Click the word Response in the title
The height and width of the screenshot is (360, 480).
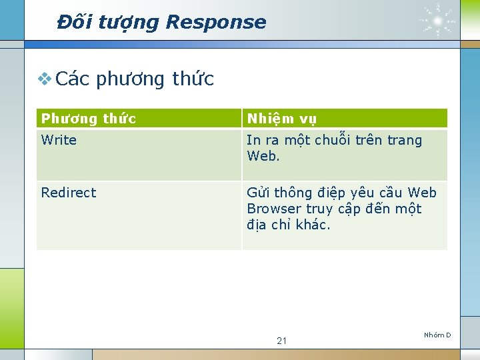[x=215, y=22]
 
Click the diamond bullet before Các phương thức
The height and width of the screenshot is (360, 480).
[x=45, y=79]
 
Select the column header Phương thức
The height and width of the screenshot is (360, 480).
[x=88, y=119]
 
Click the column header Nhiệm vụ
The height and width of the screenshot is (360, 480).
[x=281, y=119]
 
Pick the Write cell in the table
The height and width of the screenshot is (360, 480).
[x=59, y=140]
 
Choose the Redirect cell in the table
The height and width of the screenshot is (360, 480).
[x=69, y=193]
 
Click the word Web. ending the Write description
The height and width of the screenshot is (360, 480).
[x=263, y=156]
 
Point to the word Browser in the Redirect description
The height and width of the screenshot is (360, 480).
[x=274, y=209]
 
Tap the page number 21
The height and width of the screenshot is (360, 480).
[x=281, y=341]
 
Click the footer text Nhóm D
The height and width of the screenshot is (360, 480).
[x=437, y=335]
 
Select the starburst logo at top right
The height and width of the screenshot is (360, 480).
[x=438, y=20]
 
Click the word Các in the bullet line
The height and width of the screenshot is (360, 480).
[x=73, y=79]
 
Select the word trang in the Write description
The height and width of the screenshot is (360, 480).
[x=405, y=141]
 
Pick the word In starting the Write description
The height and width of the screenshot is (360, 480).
[x=253, y=140]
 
